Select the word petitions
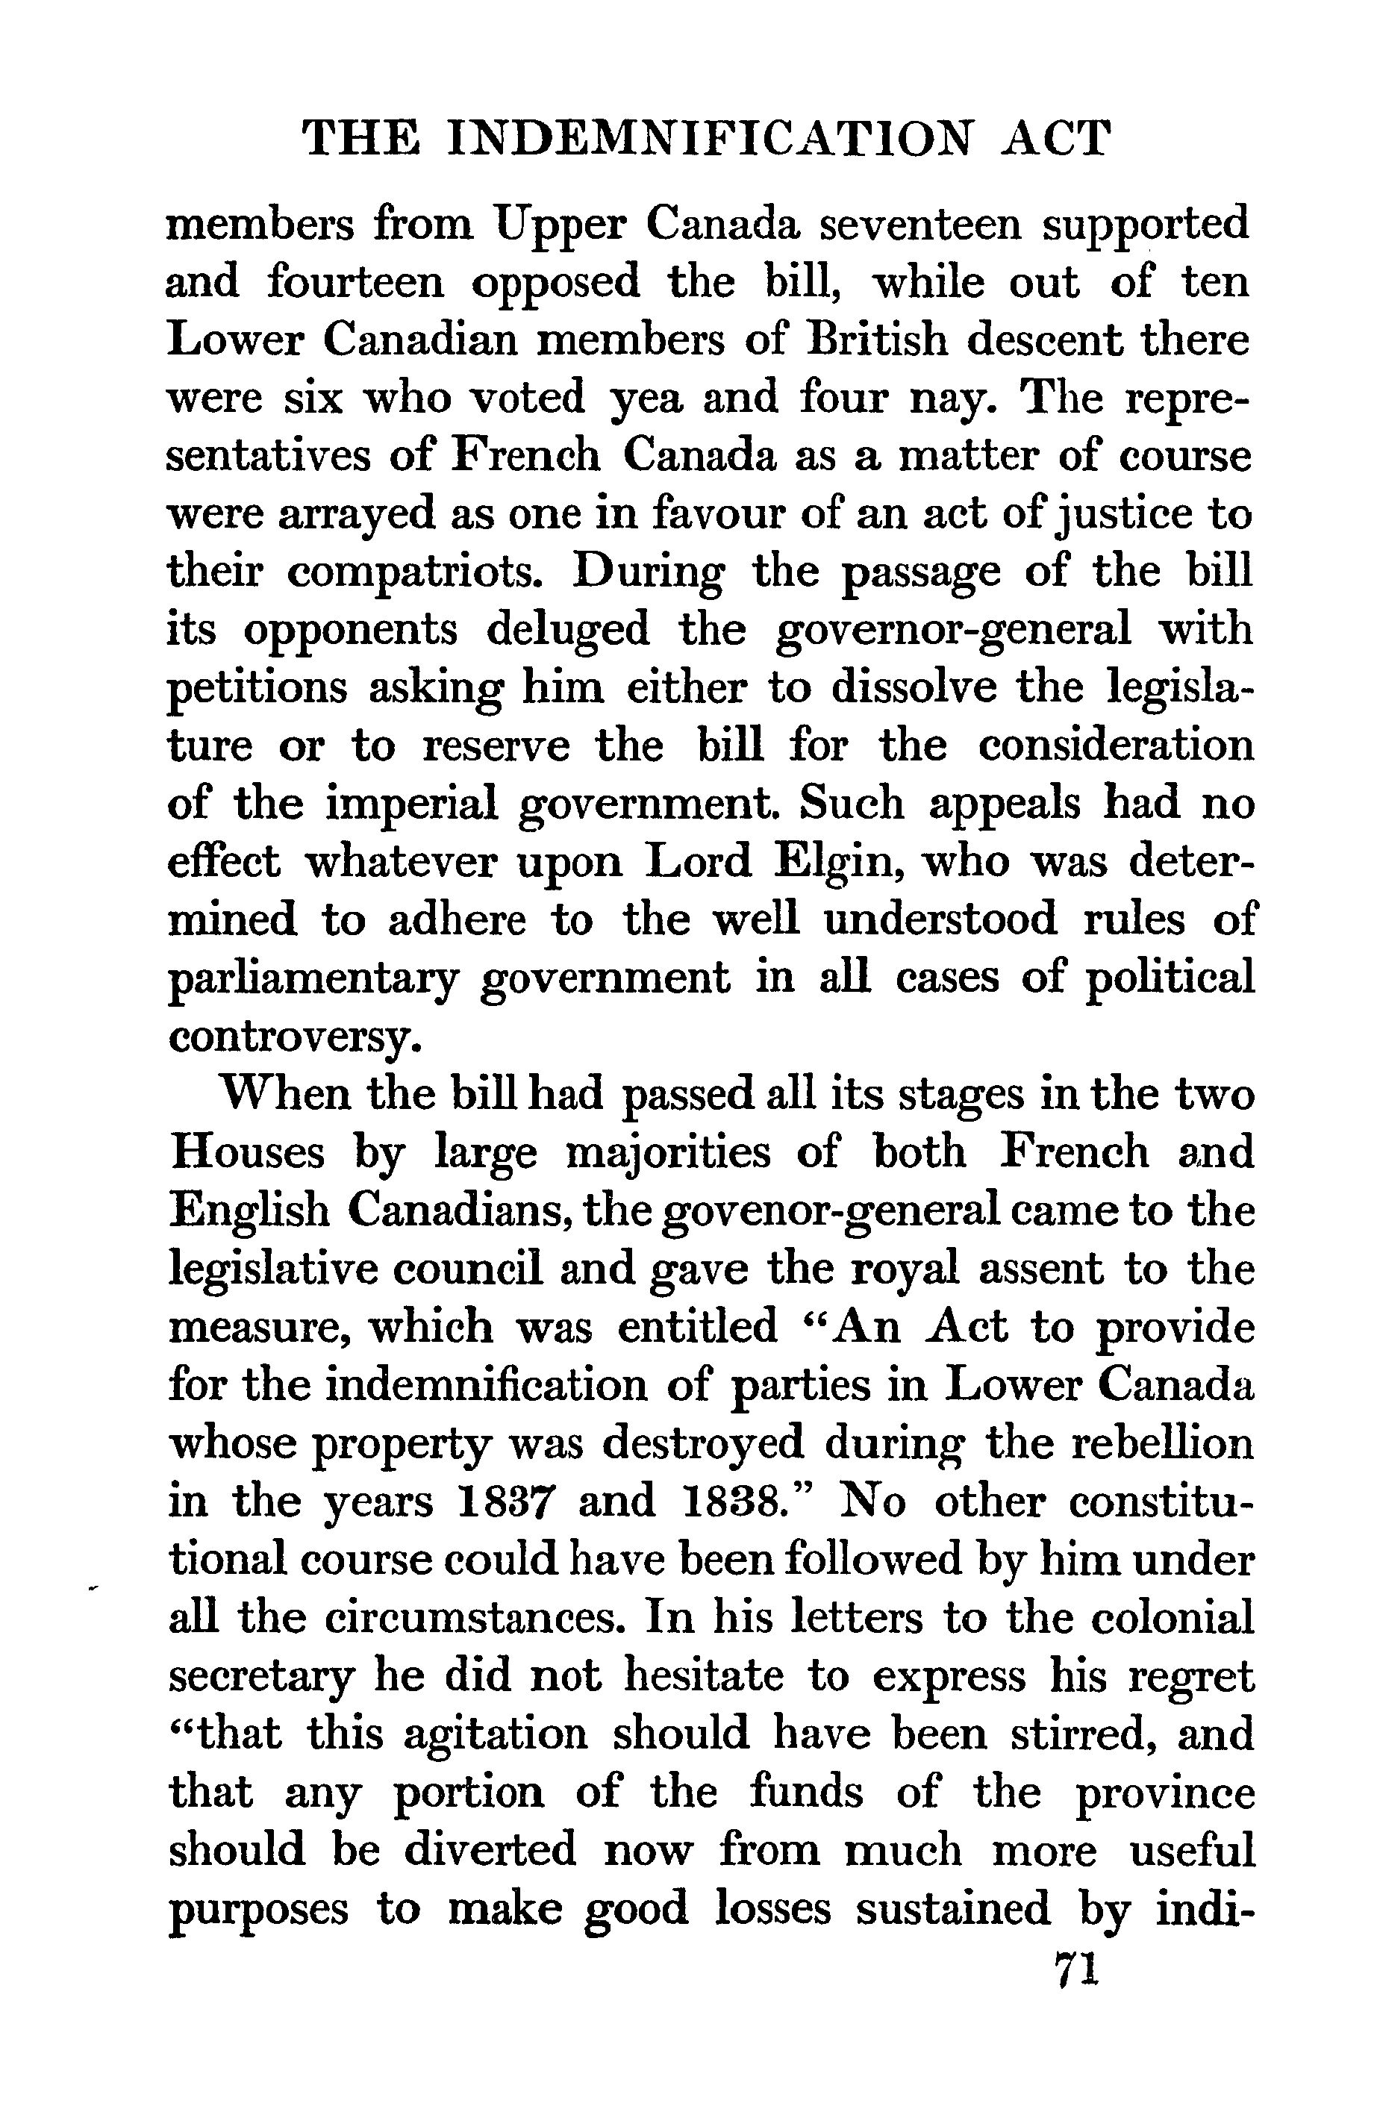(x=257, y=690)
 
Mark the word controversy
(x=290, y=1037)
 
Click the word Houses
(x=247, y=1153)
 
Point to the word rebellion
(x=1163, y=1443)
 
